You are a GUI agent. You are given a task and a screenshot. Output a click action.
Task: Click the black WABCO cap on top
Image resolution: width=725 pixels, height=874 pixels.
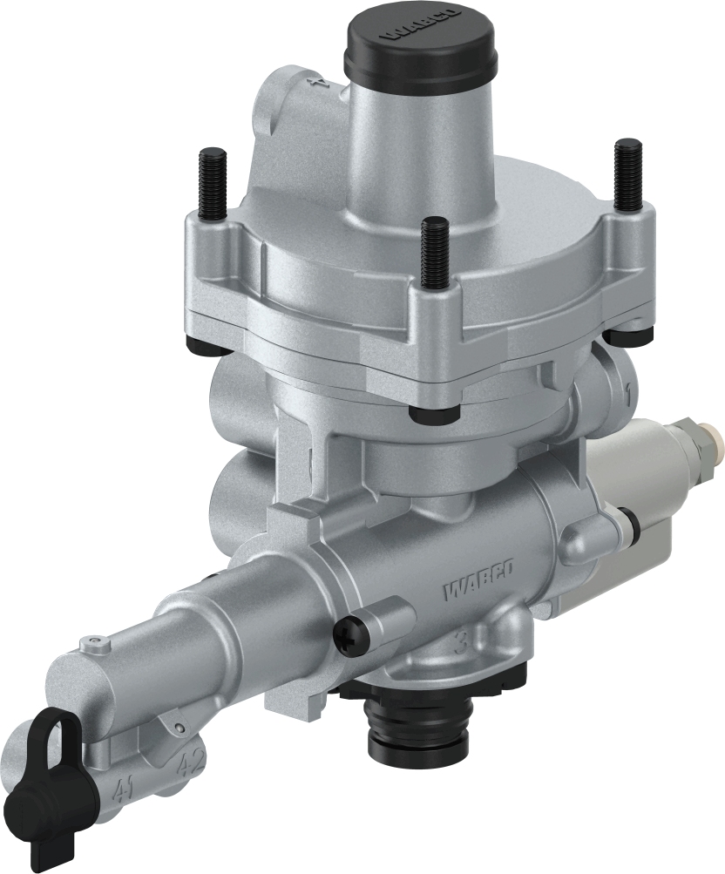click(x=420, y=43)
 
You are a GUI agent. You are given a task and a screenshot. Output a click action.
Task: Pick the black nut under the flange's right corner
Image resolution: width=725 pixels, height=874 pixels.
click(x=628, y=334)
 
